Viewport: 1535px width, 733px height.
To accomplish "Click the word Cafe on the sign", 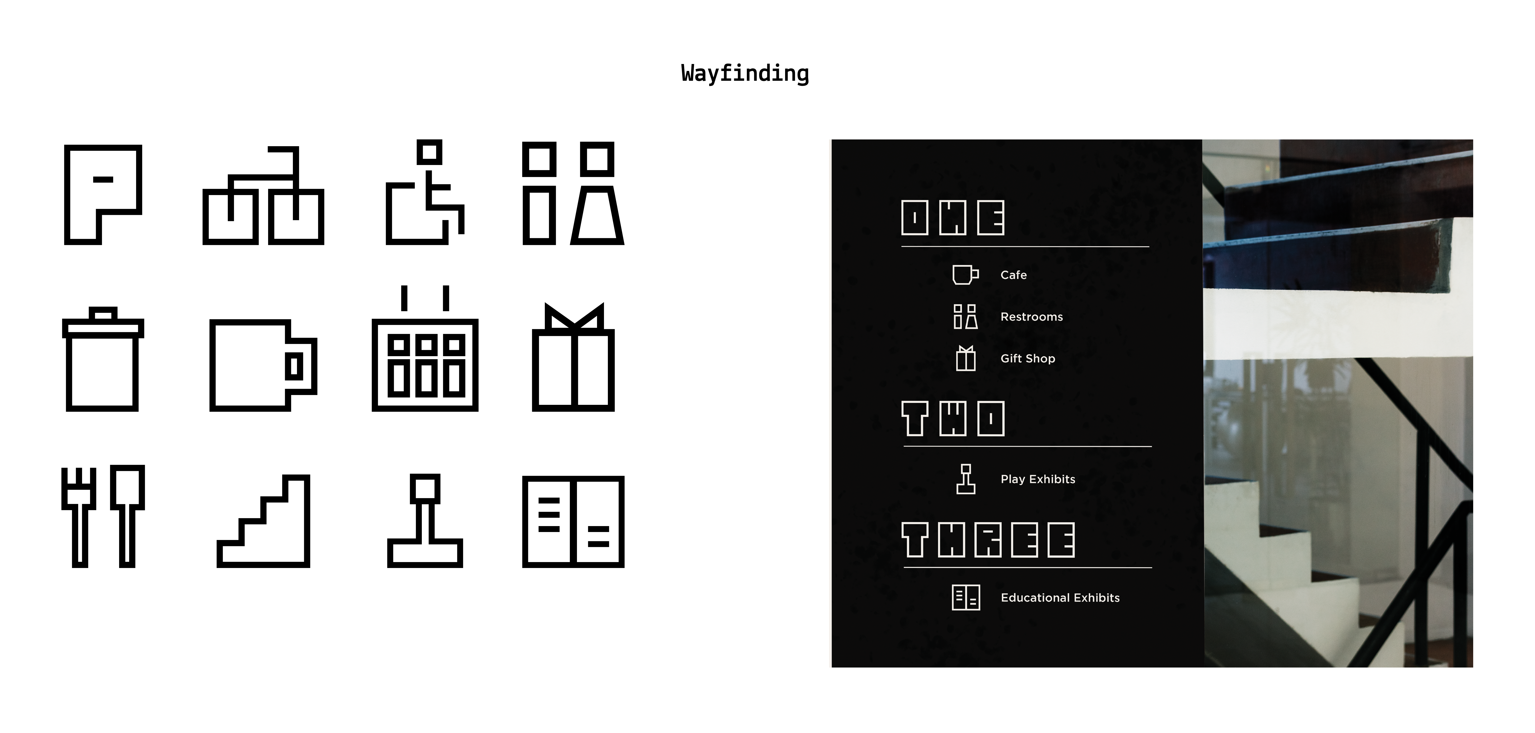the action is [1013, 275].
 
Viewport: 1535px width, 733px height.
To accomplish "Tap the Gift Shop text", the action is [1027, 358].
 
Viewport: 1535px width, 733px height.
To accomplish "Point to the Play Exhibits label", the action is [1037, 479].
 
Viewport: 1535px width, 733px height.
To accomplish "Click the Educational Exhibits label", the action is [1060, 598].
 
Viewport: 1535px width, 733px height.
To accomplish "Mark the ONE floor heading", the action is [952, 218].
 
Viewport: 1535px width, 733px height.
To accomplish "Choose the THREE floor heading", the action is [988, 540].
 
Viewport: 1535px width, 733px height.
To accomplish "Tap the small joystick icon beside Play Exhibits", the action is [965, 479].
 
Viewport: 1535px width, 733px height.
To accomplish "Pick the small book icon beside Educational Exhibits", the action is [965, 598].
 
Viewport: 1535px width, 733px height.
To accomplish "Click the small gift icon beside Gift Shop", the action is [965, 358].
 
